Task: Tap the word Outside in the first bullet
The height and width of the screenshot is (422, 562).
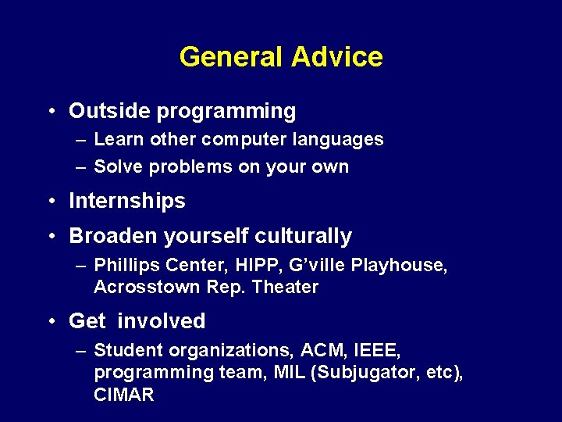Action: tap(109, 111)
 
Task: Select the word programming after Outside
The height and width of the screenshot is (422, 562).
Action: tap(226, 112)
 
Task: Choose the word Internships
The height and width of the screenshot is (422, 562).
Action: tap(127, 202)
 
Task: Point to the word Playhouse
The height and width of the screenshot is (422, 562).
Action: tap(400, 266)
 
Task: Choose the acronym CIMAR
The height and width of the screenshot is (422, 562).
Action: tap(123, 395)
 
